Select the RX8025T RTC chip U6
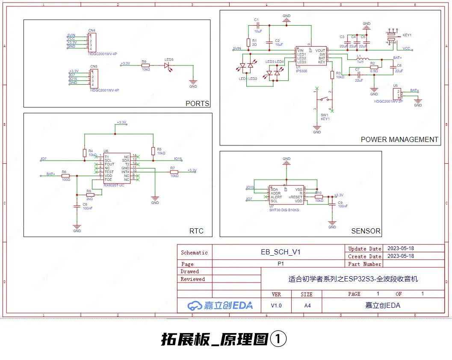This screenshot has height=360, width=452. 115,168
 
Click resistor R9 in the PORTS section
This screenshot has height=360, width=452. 145,65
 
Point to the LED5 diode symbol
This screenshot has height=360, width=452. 168,65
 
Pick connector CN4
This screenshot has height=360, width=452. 92,42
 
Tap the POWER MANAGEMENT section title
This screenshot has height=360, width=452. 399,139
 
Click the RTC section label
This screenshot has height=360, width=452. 196,231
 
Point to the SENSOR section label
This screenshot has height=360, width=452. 366,231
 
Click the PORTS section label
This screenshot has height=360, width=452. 198,103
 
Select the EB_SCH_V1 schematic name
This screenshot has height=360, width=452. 281,252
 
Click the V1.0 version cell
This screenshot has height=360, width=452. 277,306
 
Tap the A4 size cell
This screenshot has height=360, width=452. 307,306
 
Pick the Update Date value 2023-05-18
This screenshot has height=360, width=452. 400,248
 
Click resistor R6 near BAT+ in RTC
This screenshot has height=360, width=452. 65,175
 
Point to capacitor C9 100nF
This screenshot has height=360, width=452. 332,204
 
